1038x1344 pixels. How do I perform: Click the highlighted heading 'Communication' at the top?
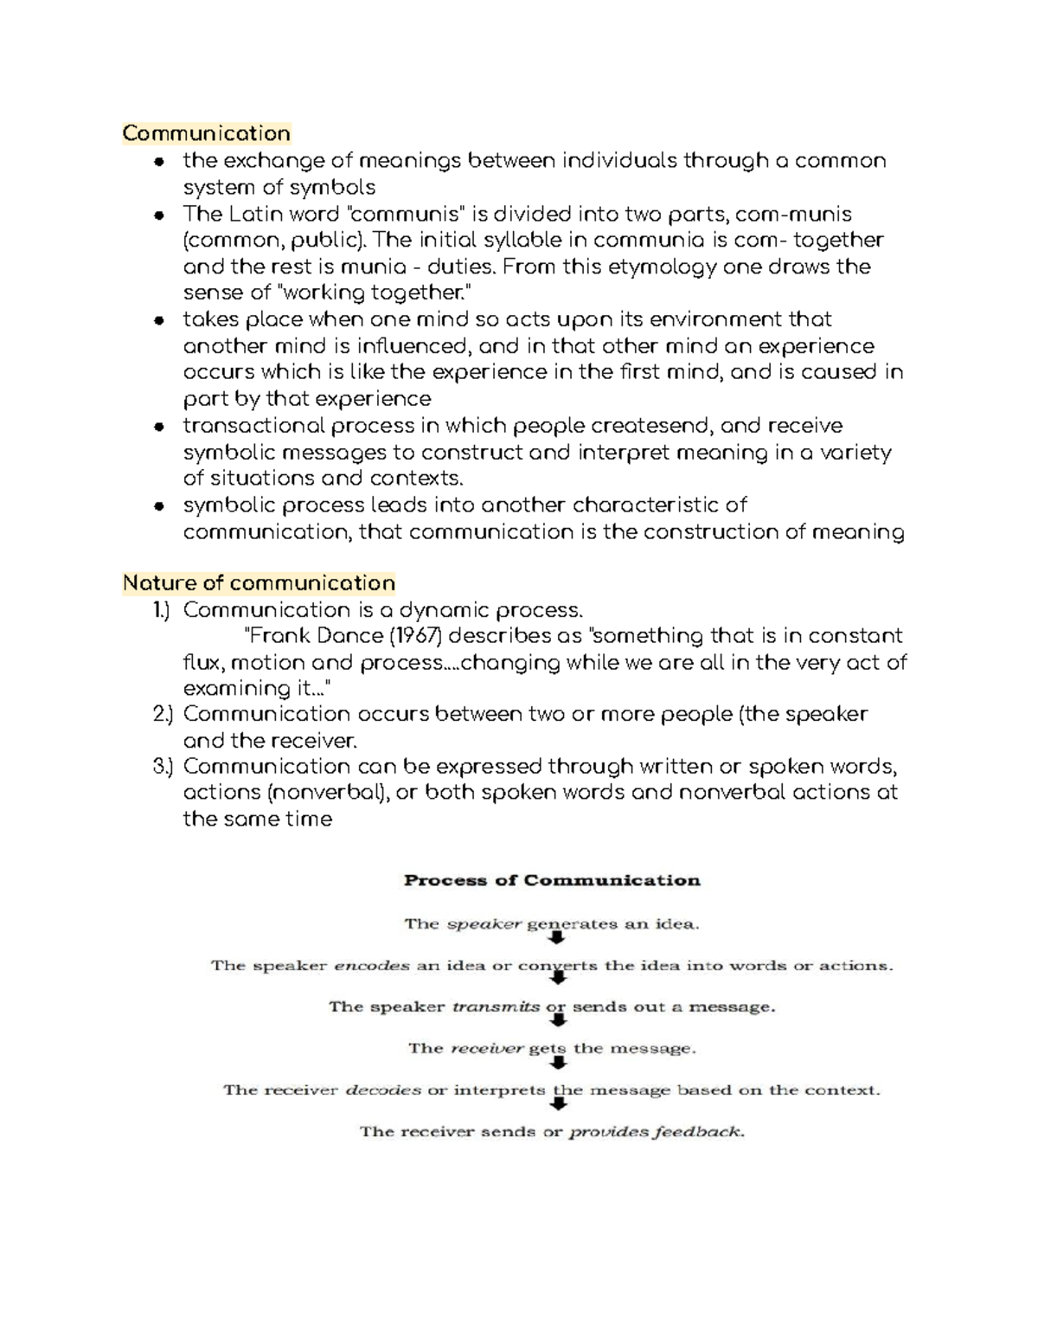(206, 133)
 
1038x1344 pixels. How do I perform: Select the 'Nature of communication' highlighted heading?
(259, 583)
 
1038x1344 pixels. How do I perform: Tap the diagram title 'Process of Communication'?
(552, 881)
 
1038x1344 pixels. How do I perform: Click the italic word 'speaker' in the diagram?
(484, 924)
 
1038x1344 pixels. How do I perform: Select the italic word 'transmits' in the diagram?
(497, 1007)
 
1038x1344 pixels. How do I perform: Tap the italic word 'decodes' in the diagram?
(383, 1090)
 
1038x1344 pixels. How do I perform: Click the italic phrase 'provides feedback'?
(655, 1132)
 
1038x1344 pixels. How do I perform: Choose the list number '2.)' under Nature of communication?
(163, 714)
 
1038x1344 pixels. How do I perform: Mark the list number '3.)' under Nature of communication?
(163, 767)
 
